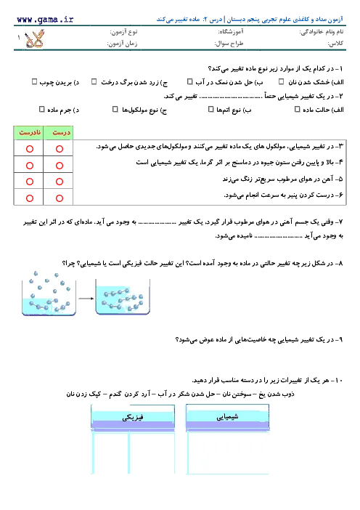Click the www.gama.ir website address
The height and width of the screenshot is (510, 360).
[x=45, y=20]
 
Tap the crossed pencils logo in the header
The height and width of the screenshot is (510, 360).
[x=34, y=39]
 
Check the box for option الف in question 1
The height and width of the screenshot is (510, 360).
[x=281, y=81]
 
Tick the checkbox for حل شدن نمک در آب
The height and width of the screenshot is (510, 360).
[x=189, y=81]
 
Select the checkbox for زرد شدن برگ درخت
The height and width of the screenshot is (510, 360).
[x=94, y=81]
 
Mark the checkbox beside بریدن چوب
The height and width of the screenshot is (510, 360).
[x=34, y=81]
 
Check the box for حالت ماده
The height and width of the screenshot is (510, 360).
[x=297, y=109]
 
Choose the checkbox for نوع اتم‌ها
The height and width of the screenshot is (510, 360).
[x=211, y=109]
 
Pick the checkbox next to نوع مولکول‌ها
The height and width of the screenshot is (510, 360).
[x=115, y=109]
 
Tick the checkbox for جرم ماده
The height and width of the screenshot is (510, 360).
[x=41, y=109]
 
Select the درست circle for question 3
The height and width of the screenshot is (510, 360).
[x=60, y=149]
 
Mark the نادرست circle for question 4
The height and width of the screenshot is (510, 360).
[x=30, y=166]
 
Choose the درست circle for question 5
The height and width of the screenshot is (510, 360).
[x=60, y=182]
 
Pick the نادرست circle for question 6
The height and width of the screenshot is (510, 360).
[x=30, y=198]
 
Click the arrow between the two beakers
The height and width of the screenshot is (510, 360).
[x=86, y=299]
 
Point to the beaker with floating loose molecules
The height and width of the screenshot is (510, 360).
[x=49, y=294]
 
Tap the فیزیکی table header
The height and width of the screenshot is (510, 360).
[x=133, y=417]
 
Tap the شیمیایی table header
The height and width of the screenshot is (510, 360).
[x=227, y=416]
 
